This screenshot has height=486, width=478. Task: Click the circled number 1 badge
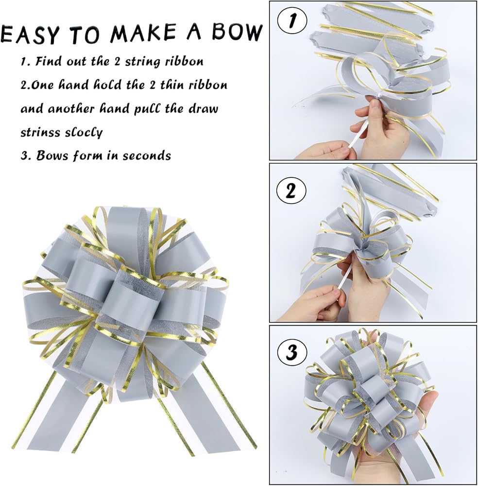292,21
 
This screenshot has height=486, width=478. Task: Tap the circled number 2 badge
290,191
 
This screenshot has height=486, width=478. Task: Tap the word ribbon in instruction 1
185,61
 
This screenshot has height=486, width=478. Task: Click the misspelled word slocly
84,132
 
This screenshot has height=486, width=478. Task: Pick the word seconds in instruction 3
147,156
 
